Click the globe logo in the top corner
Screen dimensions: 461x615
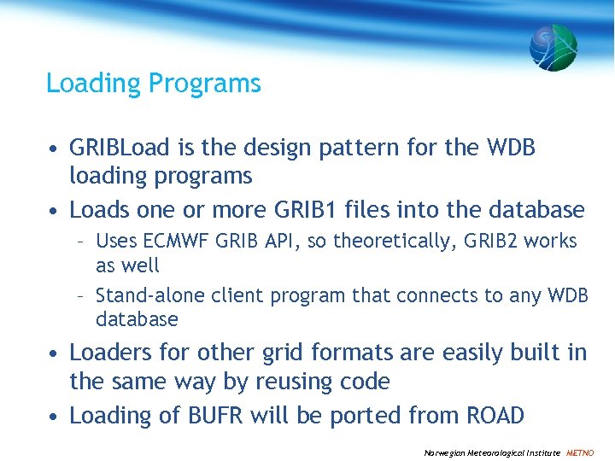(553, 47)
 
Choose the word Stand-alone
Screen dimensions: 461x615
(138, 296)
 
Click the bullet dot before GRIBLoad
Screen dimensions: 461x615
(54, 149)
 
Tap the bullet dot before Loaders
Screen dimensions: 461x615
(54, 354)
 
